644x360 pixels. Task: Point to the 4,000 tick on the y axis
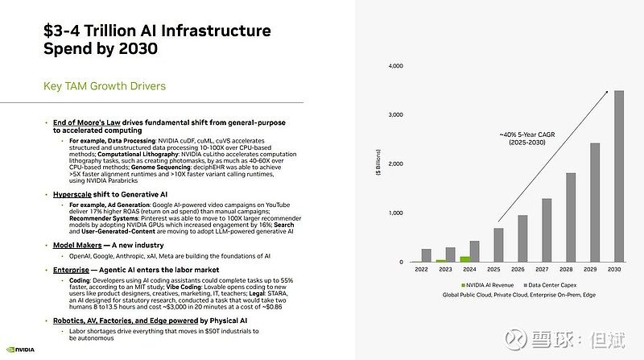[x=395, y=66]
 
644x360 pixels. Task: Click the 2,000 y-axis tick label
[x=395, y=164]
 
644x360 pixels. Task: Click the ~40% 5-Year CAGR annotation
[x=528, y=138]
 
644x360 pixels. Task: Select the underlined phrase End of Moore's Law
[x=85, y=122]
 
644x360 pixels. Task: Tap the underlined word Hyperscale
[x=75, y=194]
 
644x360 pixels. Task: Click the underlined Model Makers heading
[x=80, y=245]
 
